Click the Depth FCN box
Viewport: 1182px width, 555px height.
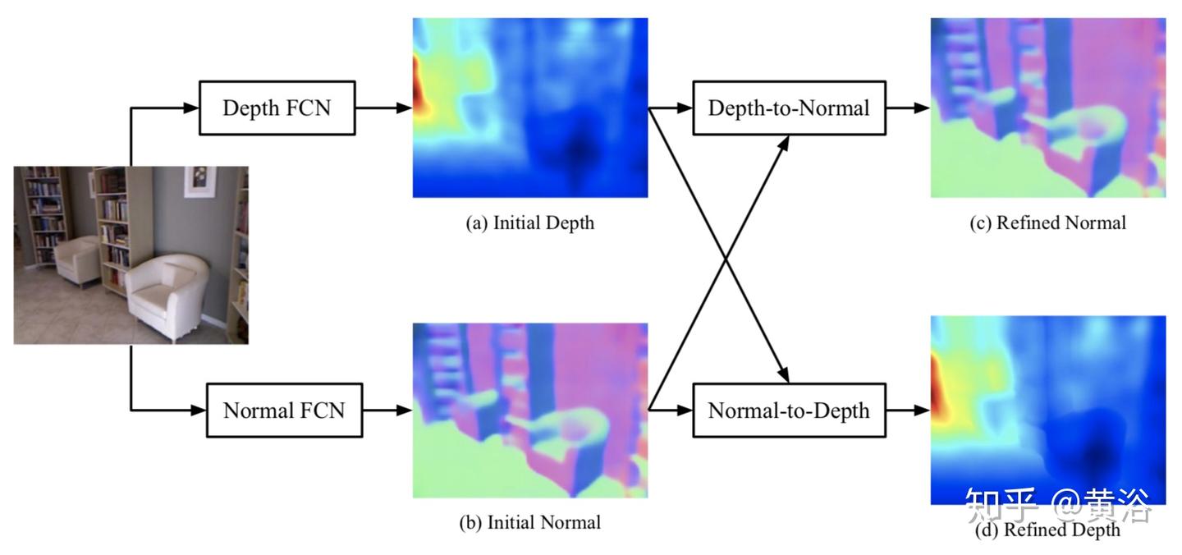(x=277, y=108)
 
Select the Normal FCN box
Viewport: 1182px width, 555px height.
(x=283, y=410)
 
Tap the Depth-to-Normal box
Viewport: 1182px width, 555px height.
(x=789, y=108)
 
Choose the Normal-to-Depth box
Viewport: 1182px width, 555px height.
(x=789, y=410)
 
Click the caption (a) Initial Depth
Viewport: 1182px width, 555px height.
(x=529, y=222)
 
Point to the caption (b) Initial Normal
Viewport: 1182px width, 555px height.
(x=529, y=522)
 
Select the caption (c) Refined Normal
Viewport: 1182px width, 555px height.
(x=1048, y=222)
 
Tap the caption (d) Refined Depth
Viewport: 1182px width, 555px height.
(x=1048, y=530)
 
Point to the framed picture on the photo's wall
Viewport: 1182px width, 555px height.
(x=199, y=181)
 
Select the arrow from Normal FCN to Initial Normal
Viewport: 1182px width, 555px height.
(x=387, y=410)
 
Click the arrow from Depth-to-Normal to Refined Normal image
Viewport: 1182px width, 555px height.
(x=908, y=108)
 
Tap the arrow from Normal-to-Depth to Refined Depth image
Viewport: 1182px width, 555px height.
(x=908, y=410)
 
